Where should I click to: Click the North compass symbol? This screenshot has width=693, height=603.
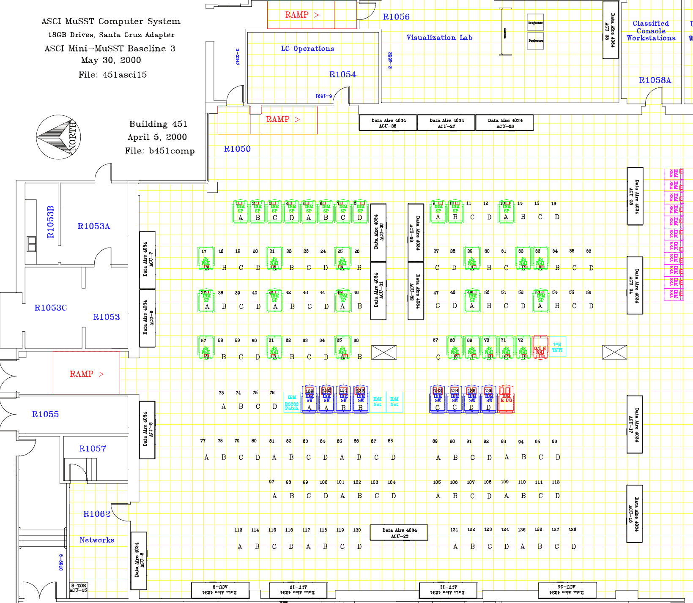pyautogui.click(x=58, y=137)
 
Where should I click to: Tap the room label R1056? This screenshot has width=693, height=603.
pyautogui.click(x=396, y=17)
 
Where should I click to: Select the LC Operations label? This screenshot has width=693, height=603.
pyautogui.click(x=307, y=49)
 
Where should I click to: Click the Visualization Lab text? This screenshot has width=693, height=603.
pyautogui.click(x=439, y=38)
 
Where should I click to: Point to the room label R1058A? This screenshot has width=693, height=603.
pyautogui.click(x=655, y=80)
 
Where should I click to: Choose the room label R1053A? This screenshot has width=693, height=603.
pyautogui.click(x=94, y=226)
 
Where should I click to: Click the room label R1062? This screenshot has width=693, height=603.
pyautogui.click(x=97, y=514)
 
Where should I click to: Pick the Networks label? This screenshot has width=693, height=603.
pyautogui.click(x=97, y=540)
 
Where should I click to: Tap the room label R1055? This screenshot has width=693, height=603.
pyautogui.click(x=45, y=414)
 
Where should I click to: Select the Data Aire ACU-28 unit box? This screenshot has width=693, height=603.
pyautogui.click(x=388, y=123)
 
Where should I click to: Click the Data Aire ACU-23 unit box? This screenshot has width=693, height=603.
pyautogui.click(x=399, y=533)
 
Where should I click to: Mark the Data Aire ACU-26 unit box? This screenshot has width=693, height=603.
pyautogui.click(x=504, y=123)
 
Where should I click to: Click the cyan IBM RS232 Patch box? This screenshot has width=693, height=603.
pyautogui.click(x=292, y=403)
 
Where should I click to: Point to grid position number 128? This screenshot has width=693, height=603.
pyautogui.click(x=572, y=529)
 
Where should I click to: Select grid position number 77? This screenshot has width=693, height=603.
pyautogui.click(x=203, y=441)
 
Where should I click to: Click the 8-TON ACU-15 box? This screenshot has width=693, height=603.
pyautogui.click(x=78, y=588)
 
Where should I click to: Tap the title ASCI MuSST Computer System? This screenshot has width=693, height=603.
pyautogui.click(x=111, y=22)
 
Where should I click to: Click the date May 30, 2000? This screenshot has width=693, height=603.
pyautogui.click(x=111, y=60)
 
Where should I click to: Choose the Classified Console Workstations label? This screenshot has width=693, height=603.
pyautogui.click(x=651, y=31)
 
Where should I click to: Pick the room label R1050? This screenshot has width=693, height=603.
pyautogui.click(x=237, y=149)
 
